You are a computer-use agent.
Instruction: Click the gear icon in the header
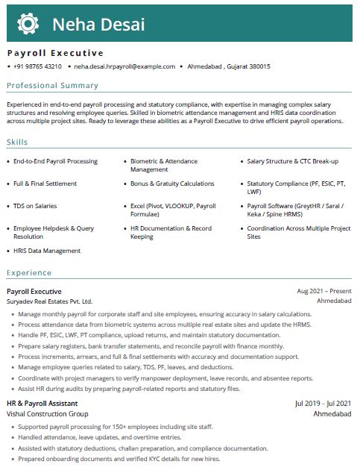coord(28,24)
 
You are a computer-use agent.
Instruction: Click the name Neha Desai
coord(98,25)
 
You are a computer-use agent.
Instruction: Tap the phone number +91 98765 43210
coord(37,66)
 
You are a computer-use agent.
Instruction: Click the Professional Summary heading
coord(52,86)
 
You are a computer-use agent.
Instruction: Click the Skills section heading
coord(18,142)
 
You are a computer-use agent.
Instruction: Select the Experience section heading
coord(30,273)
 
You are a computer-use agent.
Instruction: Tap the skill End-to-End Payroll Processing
coord(55,161)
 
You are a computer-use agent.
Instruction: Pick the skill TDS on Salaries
coord(35,206)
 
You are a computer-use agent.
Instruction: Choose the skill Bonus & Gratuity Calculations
coord(172,184)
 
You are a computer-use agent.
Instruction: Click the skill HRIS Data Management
coord(46,251)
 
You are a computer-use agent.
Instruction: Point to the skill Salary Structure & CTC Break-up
coord(292,161)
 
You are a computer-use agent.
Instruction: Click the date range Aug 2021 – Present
coord(323,291)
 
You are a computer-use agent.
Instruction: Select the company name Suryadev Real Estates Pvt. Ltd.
coord(49,301)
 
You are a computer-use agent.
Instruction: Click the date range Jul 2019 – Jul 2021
coord(323,404)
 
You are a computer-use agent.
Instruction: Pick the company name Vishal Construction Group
coord(47,413)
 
